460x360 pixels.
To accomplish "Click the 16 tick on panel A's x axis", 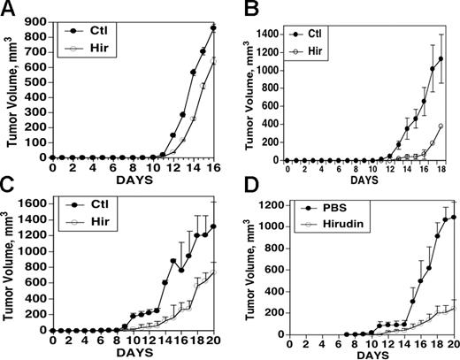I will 217,167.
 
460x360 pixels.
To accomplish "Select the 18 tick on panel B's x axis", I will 440,170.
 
